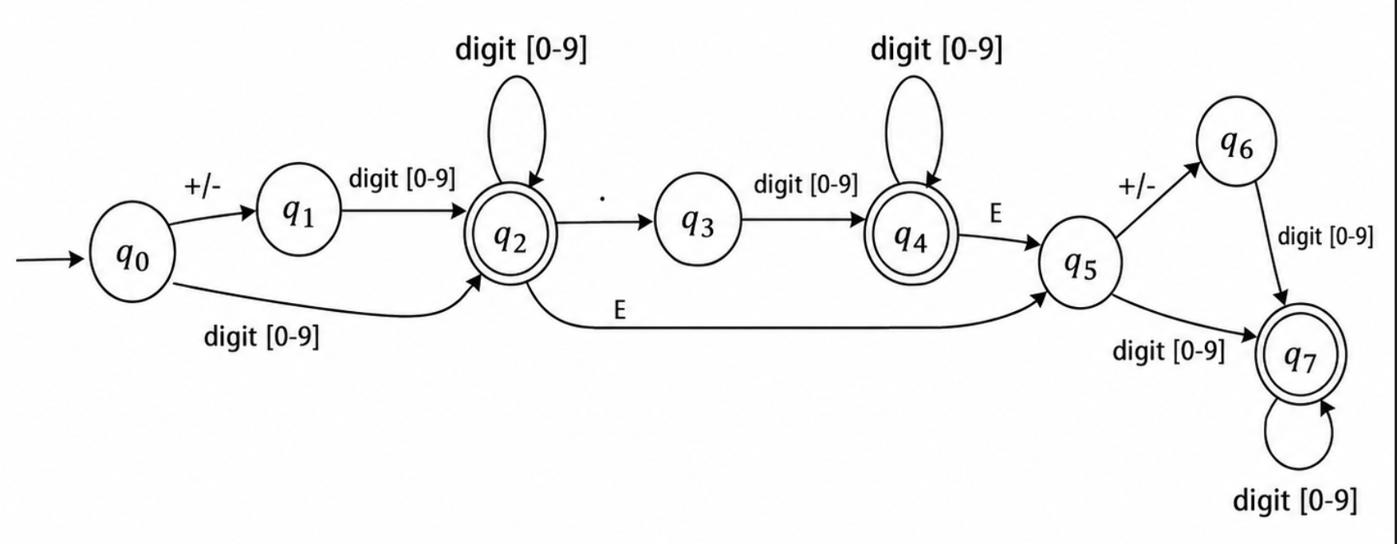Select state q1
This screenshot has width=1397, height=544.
pyautogui.click(x=298, y=210)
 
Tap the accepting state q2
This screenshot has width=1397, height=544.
pyautogui.click(x=510, y=236)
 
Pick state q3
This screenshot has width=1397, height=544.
pyautogui.click(x=698, y=220)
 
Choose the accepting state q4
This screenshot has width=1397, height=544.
pyautogui.click(x=911, y=235)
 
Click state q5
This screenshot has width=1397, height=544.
pyautogui.click(x=1080, y=264)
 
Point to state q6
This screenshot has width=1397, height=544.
pyautogui.click(x=1237, y=142)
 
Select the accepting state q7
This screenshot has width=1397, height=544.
pyautogui.click(x=1301, y=357)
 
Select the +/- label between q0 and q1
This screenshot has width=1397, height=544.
pyautogui.click(x=203, y=186)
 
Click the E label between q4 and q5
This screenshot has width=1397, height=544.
pyautogui.click(x=996, y=213)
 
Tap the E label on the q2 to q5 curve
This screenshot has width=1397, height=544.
pyautogui.click(x=620, y=310)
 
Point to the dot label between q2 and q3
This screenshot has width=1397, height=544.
pyautogui.click(x=603, y=197)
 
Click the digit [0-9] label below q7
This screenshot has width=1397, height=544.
pyautogui.click(x=1295, y=500)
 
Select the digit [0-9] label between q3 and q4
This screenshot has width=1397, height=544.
pyautogui.click(x=806, y=185)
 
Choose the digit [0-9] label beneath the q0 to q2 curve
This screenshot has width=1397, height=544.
pyautogui.click(x=262, y=337)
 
